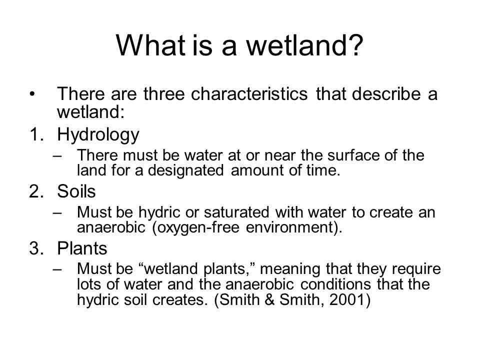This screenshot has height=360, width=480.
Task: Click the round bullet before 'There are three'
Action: pos(32,94)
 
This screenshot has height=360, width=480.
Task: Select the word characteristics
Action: pos(249,93)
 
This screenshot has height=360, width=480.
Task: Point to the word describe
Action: pos(386,93)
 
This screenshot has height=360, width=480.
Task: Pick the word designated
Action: pos(186,170)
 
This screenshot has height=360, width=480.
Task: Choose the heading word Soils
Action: pos(76,191)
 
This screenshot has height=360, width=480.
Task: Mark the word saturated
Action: pos(236,212)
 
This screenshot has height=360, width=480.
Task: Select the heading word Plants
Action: pos(82,248)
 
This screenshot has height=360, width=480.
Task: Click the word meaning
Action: pos(289,269)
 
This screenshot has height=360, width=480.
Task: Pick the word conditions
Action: pos(335,284)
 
